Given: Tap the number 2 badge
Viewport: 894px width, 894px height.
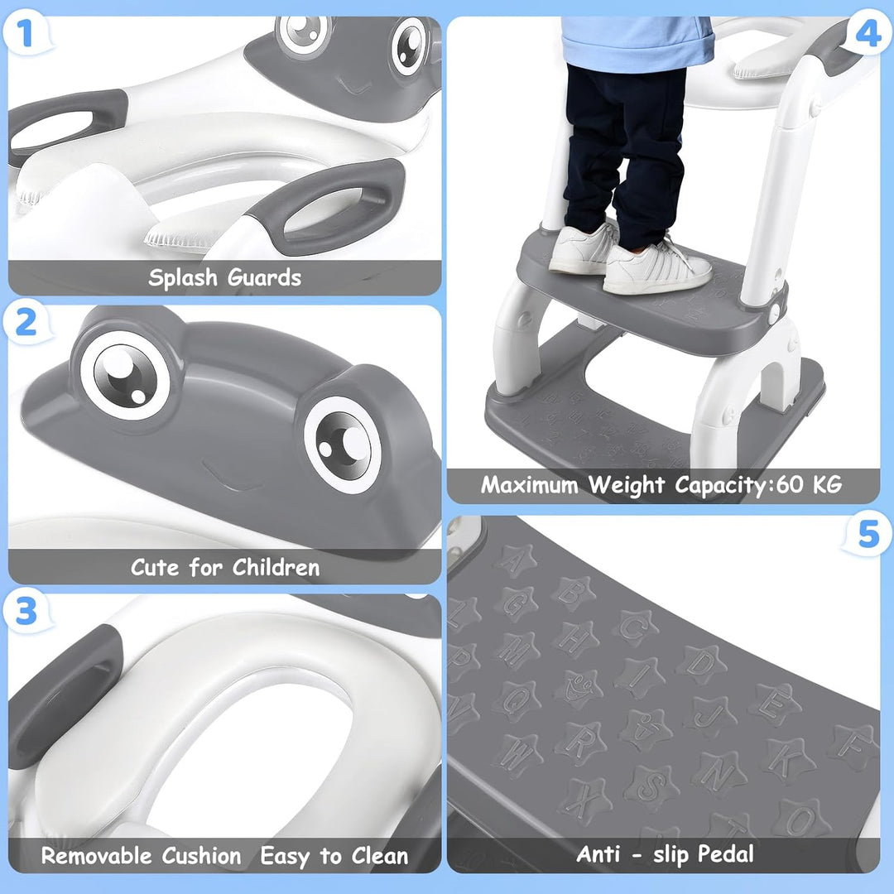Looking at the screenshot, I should tap(26, 323).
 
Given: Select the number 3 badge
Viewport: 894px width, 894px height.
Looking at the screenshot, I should tap(26, 612).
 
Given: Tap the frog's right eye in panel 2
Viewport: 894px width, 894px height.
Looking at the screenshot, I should tap(342, 444).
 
